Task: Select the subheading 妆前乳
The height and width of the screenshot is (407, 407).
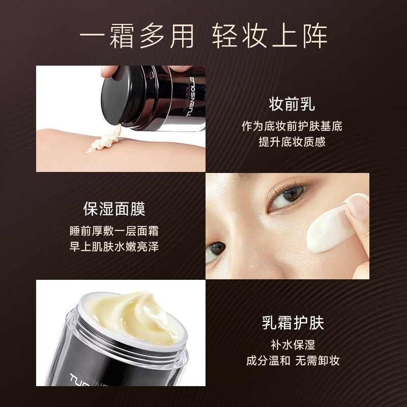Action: (292, 104)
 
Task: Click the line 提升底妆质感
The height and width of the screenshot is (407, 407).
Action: (292, 142)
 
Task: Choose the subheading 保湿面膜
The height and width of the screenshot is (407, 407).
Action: (114, 209)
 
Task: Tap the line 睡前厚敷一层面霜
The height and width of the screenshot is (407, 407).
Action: (114, 230)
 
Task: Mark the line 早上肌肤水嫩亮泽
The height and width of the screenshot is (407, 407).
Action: (114, 247)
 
